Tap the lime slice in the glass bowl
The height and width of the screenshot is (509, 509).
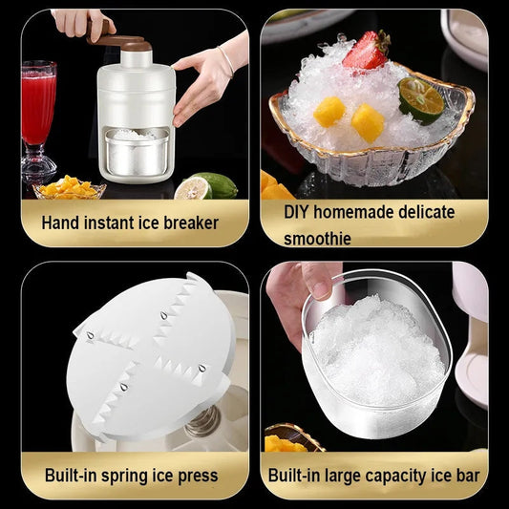click(x=421, y=99)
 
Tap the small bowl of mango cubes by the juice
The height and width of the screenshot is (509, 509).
click(x=69, y=188)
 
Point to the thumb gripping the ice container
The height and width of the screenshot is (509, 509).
click(x=316, y=283)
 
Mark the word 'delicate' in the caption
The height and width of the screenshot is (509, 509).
click(x=423, y=212)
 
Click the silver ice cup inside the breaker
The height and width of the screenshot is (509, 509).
click(x=139, y=153)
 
